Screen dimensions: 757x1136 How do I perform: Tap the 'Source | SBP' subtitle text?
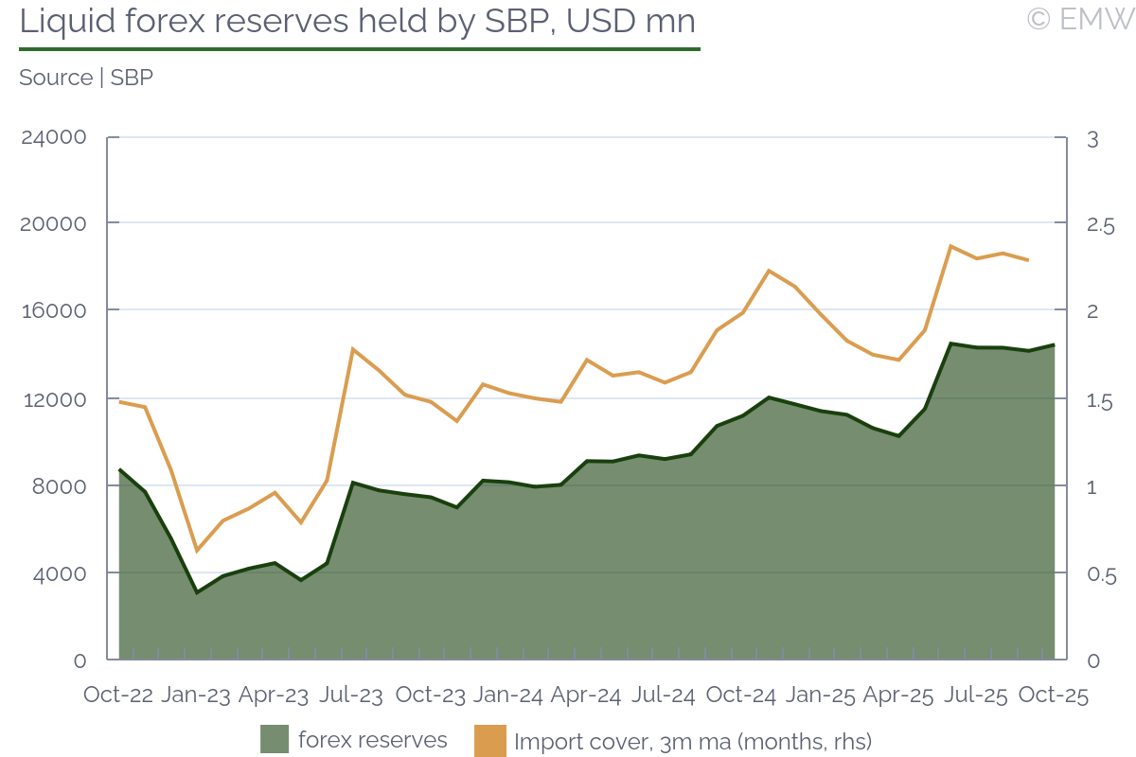(86, 78)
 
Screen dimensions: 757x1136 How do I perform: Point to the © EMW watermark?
(1080, 18)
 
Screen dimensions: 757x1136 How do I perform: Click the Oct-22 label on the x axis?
(118, 695)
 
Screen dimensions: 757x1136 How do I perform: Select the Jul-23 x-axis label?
(351, 695)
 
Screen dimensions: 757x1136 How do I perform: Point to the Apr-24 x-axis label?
(585, 695)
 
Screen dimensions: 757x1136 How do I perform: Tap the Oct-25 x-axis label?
(1053, 695)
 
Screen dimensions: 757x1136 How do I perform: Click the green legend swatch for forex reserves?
(275, 739)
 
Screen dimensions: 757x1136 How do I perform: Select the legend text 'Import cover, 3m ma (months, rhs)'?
(693, 741)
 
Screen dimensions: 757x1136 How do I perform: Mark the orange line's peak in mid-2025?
(950, 246)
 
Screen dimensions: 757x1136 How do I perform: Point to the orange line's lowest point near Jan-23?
(197, 551)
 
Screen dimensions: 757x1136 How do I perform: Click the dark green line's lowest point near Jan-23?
(197, 592)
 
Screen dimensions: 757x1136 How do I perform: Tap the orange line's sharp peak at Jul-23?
(352, 349)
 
